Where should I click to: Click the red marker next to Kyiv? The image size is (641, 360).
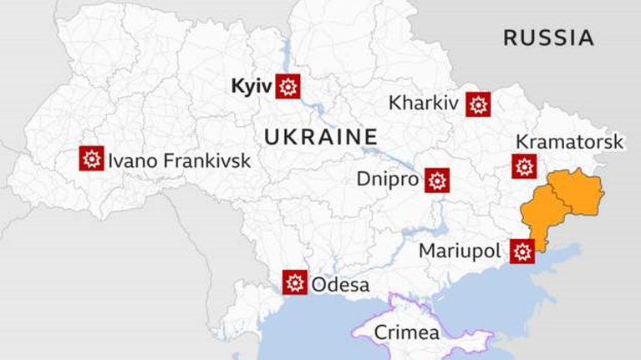coord(288,86)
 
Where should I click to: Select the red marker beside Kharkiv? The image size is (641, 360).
coord(478,104)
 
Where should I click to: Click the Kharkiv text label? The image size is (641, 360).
coord(424,104)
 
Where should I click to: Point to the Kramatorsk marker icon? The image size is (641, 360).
coord(524,167)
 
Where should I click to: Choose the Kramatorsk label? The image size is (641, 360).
coord(569,142)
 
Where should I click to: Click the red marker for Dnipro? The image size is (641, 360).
coord(437,180)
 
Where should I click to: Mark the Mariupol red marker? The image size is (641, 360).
coord(522,251)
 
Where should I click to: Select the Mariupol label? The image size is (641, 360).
coord(459,251)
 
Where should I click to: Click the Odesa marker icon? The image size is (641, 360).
coord(294,283)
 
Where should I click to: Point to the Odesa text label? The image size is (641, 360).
coord(340,285)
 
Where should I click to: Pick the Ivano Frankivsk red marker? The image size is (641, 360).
coord(91,159)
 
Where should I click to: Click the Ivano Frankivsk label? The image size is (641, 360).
coord(179,160)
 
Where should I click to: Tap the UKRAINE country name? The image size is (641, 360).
coord(321,137)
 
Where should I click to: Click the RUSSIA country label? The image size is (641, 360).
coord(548,38)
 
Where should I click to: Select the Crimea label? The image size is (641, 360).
coord(406,332)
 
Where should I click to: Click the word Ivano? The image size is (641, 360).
coord(133,160)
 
